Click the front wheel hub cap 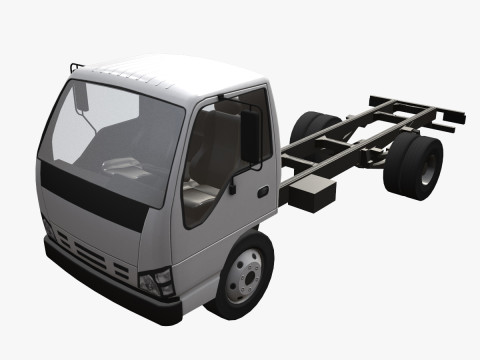point(243,275)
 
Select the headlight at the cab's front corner point(157,282)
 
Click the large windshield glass point(110,140)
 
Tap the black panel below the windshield point(95,197)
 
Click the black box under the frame point(313,195)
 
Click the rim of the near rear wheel point(429,168)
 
